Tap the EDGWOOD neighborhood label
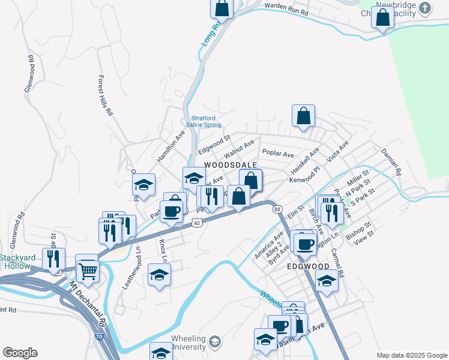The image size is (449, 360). (x=307, y=266)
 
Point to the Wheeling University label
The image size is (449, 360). (x=189, y=343)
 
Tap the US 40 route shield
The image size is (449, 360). (x=196, y=223)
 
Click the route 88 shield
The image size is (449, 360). (x=277, y=209)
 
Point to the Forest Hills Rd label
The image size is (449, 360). (x=104, y=95)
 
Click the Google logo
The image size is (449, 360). (x=20, y=352)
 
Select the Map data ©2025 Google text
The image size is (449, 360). (x=411, y=355)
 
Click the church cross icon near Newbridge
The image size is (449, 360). (x=426, y=8)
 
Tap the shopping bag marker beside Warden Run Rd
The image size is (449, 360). (x=221, y=8)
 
